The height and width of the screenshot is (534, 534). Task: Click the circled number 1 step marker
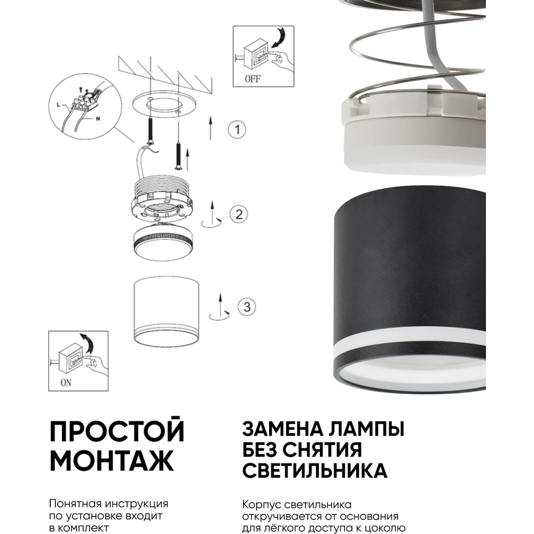(x=237, y=129)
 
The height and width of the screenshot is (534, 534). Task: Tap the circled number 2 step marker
(x=238, y=214)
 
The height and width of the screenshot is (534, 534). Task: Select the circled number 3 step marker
(x=247, y=307)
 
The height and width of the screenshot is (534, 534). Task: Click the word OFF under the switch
(x=253, y=79)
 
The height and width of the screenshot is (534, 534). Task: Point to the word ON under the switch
(x=66, y=383)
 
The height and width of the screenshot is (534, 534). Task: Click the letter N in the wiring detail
(x=98, y=119)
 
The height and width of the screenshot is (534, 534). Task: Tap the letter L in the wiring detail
(x=58, y=105)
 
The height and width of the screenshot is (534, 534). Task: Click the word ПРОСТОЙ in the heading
(x=117, y=430)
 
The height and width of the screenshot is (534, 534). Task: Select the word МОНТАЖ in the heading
(x=112, y=460)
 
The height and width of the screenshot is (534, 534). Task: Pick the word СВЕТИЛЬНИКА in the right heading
(x=315, y=470)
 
